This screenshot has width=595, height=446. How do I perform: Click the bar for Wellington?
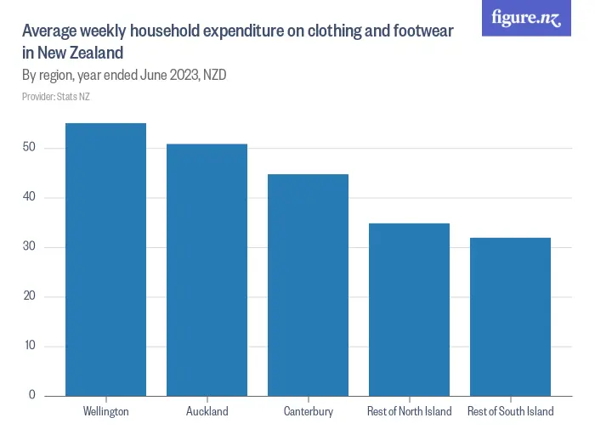(105, 259)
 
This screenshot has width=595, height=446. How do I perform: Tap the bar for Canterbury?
(308, 285)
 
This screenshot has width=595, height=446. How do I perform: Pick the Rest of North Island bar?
(409, 309)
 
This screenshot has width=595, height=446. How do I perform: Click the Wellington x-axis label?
(105, 412)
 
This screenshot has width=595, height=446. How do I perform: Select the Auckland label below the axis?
(207, 412)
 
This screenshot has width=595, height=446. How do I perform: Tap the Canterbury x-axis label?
(308, 412)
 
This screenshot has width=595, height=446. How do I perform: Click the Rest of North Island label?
(409, 412)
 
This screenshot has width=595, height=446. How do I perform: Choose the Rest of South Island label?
(510, 412)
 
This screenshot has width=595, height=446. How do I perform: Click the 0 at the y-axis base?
(32, 395)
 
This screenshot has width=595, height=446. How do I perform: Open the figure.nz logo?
(526, 18)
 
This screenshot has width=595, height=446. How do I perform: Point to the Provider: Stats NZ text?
(55, 97)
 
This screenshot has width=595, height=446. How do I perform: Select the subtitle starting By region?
(123, 75)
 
